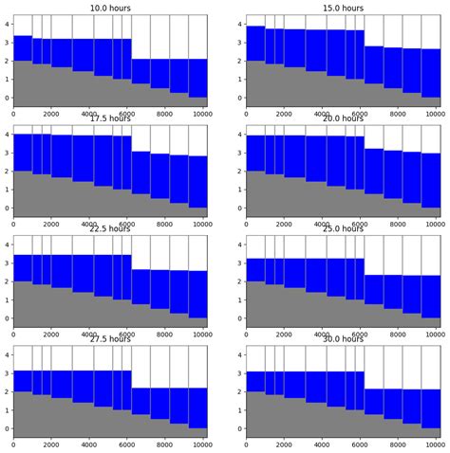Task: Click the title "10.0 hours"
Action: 110,8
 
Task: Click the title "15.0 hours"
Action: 343,8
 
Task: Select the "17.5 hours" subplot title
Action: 110,118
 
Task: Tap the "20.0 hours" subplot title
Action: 343,118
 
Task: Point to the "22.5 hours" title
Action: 110,228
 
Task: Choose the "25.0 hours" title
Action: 343,228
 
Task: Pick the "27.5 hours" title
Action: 110,338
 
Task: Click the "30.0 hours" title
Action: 343,338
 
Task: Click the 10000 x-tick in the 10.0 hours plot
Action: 199,114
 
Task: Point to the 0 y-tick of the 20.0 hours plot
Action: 238,208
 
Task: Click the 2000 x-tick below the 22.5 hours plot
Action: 51,334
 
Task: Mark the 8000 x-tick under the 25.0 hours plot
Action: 396,334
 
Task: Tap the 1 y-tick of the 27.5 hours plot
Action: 6,409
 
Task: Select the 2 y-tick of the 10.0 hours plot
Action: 6,61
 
